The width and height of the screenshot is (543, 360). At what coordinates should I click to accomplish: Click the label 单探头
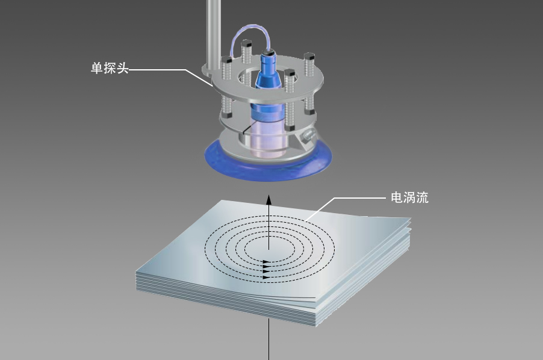pyautogui.click(x=109, y=69)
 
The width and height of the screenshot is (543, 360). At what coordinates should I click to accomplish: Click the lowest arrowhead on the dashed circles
pyautogui.click(x=265, y=278)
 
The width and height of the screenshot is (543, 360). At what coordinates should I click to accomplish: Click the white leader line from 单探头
pyautogui.click(x=163, y=69)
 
